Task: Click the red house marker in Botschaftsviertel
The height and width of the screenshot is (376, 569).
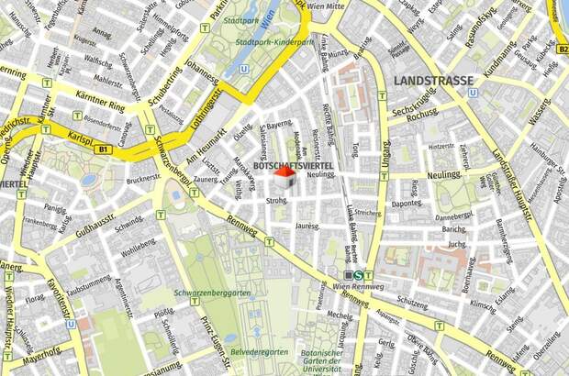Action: [285, 177]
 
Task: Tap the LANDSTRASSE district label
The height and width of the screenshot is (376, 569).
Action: [433, 81]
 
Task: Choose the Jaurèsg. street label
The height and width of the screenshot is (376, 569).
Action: [307, 225]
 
